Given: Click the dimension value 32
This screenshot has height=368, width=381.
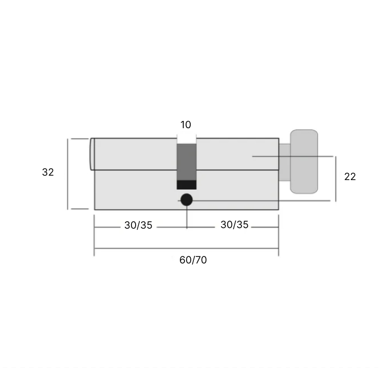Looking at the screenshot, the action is click(x=48, y=172).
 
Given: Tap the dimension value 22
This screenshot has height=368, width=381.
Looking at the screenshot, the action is click(x=350, y=176).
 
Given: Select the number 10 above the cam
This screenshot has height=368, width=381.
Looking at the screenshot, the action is click(x=186, y=125).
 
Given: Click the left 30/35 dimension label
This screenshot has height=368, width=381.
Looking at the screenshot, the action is click(x=138, y=225).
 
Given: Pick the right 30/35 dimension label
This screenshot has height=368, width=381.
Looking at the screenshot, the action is click(x=234, y=225).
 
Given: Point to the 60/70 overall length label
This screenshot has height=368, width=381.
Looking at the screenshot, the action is click(x=193, y=260).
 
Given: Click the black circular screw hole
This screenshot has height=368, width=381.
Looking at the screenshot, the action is click(x=187, y=200).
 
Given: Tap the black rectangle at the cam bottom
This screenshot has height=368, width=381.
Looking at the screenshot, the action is click(x=187, y=185).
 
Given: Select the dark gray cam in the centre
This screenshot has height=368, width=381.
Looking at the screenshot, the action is click(x=187, y=162).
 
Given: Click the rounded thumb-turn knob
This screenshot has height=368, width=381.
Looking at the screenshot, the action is click(x=304, y=161).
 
